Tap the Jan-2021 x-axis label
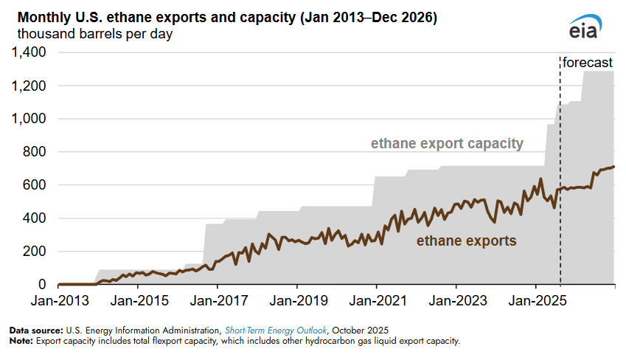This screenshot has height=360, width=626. click(377, 301)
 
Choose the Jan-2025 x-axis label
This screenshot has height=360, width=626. click(536, 301)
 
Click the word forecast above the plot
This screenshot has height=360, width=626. click(588, 63)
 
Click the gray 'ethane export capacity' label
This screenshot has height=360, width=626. click(447, 143)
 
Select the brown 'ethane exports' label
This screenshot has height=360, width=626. click(466, 240)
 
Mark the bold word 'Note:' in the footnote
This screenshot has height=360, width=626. click(21, 341)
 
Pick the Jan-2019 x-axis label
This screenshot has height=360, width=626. click(297, 301)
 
